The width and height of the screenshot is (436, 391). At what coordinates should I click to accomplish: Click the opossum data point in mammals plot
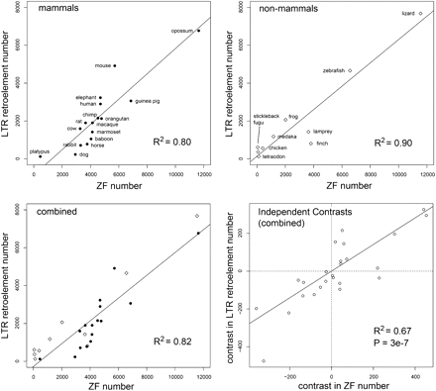tap(198, 31)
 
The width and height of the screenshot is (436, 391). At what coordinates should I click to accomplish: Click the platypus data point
tap(40, 156)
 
